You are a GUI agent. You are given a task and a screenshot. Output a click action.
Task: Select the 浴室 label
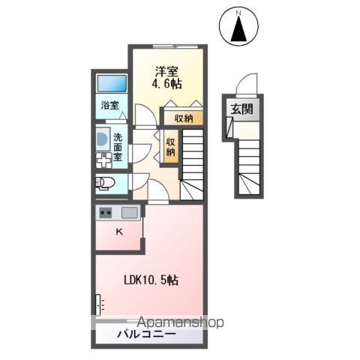(x=110, y=105)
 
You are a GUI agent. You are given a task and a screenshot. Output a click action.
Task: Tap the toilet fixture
(x=103, y=182)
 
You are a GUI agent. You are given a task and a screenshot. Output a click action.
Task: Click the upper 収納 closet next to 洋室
(x=184, y=118)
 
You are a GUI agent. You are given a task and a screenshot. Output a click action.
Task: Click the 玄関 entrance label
(x=241, y=110)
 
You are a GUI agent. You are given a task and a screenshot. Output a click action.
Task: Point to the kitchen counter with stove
(x=118, y=213)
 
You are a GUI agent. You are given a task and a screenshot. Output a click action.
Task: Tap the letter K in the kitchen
(x=118, y=232)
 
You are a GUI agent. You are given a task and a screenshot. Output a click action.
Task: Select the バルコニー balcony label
(x=146, y=334)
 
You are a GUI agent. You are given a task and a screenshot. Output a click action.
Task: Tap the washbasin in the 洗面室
(x=103, y=139)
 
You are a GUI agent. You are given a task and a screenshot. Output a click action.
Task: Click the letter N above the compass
(x=239, y=13)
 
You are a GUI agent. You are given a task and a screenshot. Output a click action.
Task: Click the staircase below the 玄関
(x=250, y=169)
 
